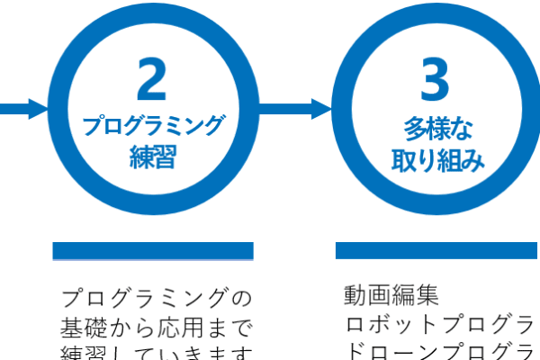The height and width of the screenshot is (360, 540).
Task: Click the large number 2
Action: pyautogui.click(x=152, y=80)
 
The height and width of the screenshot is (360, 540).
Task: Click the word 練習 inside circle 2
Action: pyautogui.click(x=152, y=159)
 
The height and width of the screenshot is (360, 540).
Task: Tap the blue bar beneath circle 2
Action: pyautogui.click(x=152, y=251)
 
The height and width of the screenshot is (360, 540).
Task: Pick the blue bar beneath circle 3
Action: pyautogui.click(x=436, y=250)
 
